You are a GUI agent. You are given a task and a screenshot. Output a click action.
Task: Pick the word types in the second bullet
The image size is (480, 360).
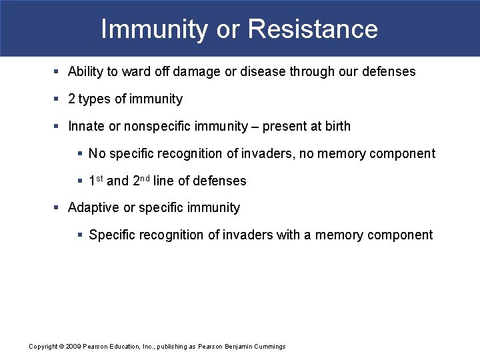tap(94, 99)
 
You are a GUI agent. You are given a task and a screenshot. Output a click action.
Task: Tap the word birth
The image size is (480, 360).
tap(337, 126)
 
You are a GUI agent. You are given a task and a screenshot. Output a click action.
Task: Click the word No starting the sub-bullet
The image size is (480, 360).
tap(97, 154)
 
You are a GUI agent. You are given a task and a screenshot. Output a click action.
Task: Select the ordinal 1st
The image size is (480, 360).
tap(96, 180)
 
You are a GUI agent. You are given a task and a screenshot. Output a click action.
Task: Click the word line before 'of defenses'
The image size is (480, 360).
tap(164, 181)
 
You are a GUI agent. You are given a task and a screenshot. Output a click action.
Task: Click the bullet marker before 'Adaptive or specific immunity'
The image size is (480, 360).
tap(57, 207)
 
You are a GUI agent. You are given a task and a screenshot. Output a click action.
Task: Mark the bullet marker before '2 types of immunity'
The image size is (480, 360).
tap(57, 99)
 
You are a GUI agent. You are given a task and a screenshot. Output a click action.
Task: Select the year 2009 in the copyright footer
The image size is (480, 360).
tap(74, 347)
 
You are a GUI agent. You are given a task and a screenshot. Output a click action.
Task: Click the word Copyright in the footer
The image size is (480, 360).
tap(43, 347)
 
